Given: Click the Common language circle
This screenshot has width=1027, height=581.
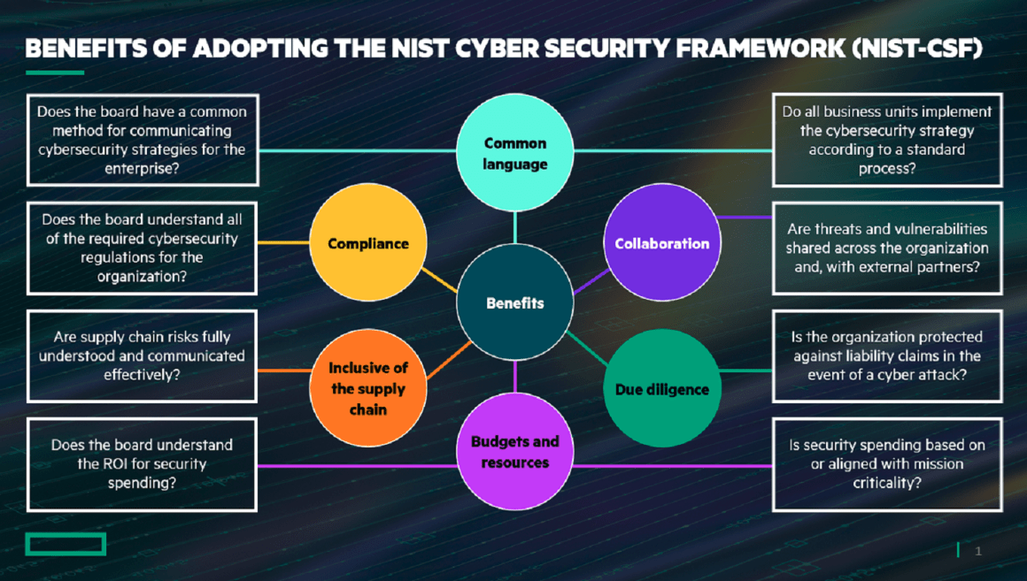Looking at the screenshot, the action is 514,152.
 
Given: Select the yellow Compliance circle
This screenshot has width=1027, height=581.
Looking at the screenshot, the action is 368,242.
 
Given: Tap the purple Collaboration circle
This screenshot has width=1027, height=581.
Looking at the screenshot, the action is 661,242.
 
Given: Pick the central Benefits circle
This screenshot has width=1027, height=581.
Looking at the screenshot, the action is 514,302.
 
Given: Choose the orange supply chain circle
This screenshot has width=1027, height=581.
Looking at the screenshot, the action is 368,388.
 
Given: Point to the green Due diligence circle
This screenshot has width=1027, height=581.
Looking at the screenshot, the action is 661,388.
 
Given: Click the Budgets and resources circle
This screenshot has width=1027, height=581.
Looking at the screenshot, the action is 514,452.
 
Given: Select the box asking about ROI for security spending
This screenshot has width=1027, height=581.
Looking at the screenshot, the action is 143,464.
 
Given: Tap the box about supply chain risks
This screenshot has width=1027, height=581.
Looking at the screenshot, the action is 143,355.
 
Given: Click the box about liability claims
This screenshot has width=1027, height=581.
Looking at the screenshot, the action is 887,355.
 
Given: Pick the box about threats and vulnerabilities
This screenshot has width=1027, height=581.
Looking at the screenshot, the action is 887,248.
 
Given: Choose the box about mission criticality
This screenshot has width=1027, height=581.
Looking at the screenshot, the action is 887,464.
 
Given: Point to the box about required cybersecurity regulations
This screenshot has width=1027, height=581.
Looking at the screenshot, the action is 143,248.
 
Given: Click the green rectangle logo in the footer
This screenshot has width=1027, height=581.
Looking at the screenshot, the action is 66,544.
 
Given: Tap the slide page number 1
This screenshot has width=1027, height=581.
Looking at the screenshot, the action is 978,551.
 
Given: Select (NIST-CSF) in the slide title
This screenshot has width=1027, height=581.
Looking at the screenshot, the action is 917,49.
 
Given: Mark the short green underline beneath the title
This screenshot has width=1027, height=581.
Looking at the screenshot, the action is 55,73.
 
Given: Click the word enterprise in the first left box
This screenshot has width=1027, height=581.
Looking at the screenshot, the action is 142,169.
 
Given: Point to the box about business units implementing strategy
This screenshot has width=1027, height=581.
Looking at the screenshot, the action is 887,140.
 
